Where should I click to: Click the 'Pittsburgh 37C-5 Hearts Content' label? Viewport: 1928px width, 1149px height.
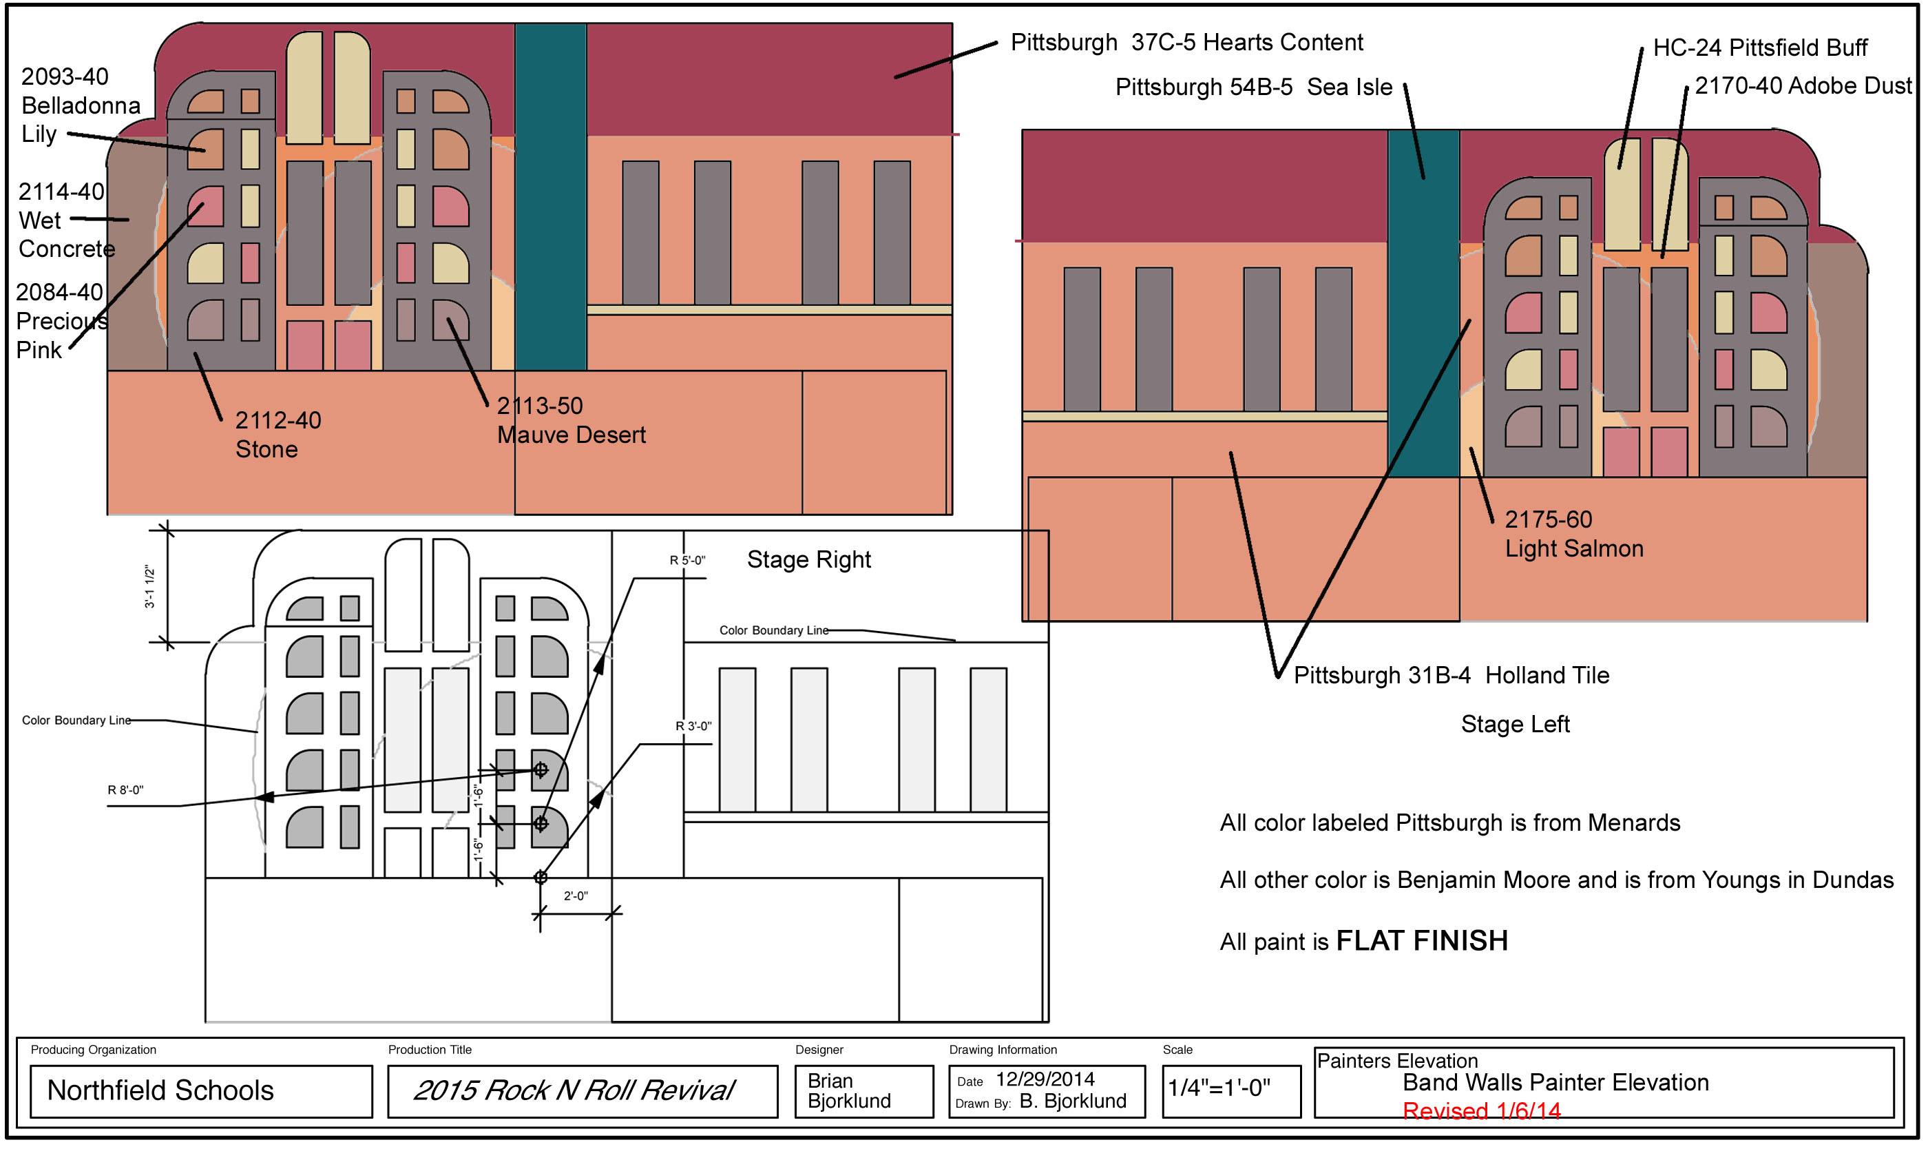[1186, 43]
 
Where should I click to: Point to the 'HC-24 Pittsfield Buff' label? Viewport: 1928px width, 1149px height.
[1759, 48]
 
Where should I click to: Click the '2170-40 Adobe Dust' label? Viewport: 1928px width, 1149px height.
[1802, 86]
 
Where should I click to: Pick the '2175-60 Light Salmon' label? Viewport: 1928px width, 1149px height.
[1573, 535]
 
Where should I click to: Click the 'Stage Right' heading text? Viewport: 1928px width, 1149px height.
[808, 560]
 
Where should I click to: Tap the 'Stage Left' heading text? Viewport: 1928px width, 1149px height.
[1514, 725]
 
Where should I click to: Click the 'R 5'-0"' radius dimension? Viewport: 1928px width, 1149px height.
[687, 561]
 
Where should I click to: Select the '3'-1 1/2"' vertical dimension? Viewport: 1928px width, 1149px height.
[150, 587]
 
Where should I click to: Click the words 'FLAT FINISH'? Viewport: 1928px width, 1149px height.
[1421, 942]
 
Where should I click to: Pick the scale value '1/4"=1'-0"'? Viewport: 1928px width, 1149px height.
[1218, 1088]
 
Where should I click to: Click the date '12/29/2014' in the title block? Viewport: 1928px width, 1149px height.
[1044, 1079]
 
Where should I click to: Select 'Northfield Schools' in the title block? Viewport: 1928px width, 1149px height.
[160, 1091]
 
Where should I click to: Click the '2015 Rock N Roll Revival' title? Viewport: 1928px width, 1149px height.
[573, 1091]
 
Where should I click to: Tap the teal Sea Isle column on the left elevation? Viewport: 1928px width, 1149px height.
[550, 194]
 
